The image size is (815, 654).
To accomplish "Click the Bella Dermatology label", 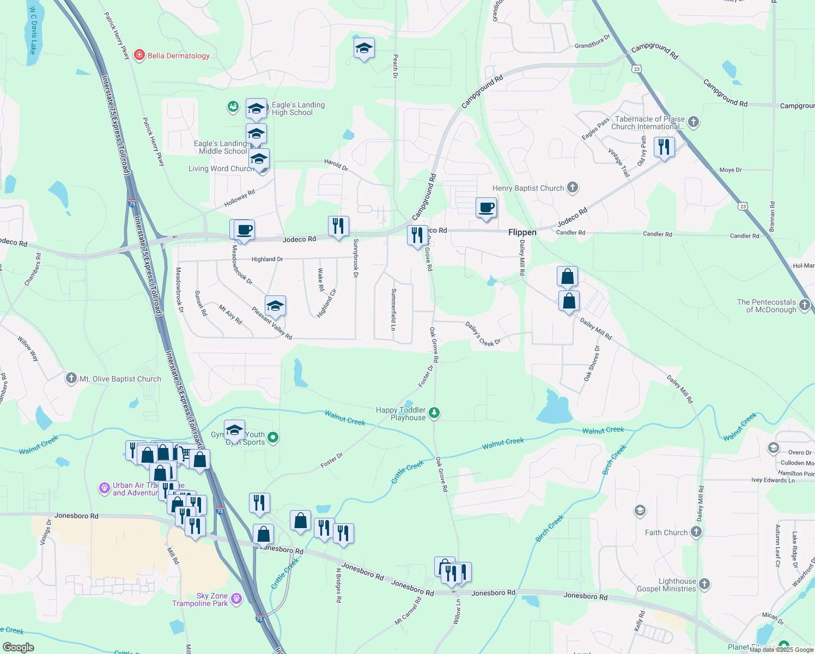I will point(178,56).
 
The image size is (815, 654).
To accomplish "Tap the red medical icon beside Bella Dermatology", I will point(139,55).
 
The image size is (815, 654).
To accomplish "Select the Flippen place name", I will point(522,232).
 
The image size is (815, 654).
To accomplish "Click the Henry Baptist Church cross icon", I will point(572,188).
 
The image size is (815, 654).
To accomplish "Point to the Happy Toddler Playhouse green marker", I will point(434,413).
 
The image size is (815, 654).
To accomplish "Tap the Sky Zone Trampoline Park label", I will point(200,599).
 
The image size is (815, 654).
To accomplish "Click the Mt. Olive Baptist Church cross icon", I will point(71,378).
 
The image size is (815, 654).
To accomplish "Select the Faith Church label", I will point(666,532).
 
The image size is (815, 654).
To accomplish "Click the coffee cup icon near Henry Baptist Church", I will point(486,208).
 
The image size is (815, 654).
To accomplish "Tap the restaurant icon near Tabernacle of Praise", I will point(664,147).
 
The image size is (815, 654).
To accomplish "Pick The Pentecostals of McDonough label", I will point(767,306).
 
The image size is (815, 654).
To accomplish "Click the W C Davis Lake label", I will point(33,31).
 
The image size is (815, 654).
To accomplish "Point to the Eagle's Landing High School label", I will point(298,108).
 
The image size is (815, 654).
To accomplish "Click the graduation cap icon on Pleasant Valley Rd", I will point(275,306).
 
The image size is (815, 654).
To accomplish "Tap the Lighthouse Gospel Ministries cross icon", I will point(704,585).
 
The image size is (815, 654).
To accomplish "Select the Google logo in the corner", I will point(19,647).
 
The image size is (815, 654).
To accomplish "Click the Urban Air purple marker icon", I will point(104,488).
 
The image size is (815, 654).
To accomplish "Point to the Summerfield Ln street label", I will point(393,310).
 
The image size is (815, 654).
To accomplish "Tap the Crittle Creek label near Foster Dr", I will point(407,472).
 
